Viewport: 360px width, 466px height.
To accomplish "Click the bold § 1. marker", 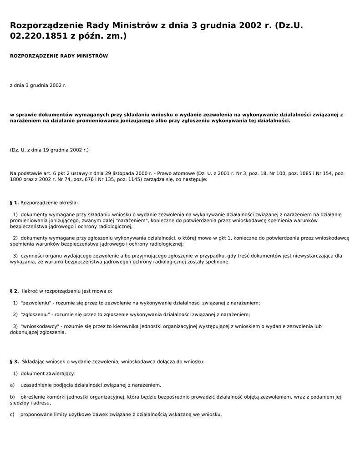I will [x=14, y=203].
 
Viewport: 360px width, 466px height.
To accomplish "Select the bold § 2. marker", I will [x=14, y=291].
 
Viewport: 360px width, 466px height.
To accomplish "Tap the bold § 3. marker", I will [x=14, y=362].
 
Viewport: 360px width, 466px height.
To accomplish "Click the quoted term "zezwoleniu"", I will [x=35, y=303].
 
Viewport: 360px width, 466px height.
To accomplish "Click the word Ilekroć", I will [x=30, y=291].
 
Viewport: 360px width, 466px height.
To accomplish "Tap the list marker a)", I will [x=12, y=385].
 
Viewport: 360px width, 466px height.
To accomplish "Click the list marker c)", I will [x=12, y=414].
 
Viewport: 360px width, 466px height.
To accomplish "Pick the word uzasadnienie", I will [x=35, y=385].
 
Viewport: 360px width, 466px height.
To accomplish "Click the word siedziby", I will [x=20, y=403].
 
